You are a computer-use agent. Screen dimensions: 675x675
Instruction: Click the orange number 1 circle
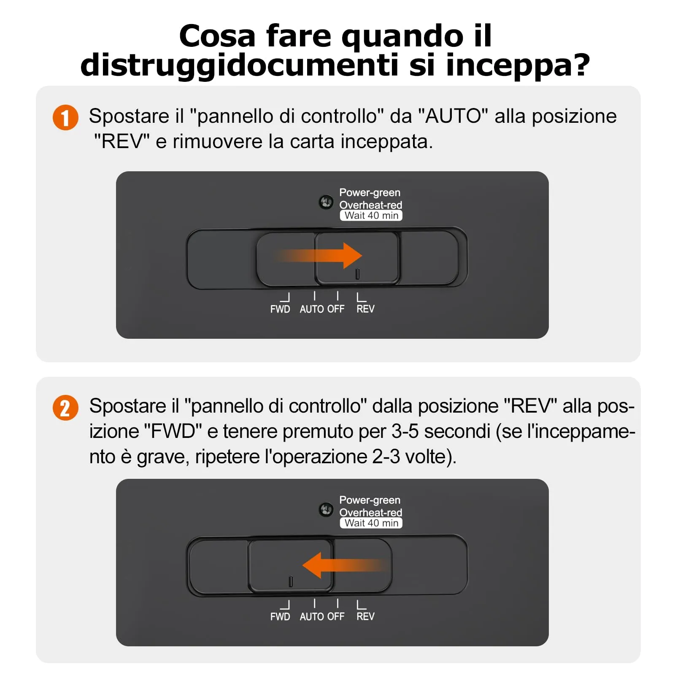coord(65,117)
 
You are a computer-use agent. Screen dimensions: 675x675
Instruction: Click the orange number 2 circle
coord(65,408)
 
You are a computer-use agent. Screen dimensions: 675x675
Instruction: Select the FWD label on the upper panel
coord(280,309)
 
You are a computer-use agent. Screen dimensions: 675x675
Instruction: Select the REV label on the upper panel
coord(365,309)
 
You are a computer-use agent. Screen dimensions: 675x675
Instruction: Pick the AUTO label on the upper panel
coord(312,309)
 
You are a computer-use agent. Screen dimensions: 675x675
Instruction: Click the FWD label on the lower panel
coord(280,617)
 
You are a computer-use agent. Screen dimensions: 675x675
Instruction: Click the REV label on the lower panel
coord(365,617)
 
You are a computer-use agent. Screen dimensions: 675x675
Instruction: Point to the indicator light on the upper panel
coord(326,202)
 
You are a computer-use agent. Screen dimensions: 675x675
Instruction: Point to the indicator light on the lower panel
coord(326,510)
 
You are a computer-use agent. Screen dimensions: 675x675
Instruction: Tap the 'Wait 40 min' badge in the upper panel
coord(371,216)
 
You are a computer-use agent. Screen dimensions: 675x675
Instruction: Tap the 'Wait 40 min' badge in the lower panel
coord(371,523)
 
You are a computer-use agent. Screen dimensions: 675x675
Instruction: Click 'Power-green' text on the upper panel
coord(370,193)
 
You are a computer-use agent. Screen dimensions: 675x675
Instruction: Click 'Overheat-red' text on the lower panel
coord(371,513)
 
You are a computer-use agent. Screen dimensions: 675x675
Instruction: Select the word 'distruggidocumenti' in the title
coord(239,65)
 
